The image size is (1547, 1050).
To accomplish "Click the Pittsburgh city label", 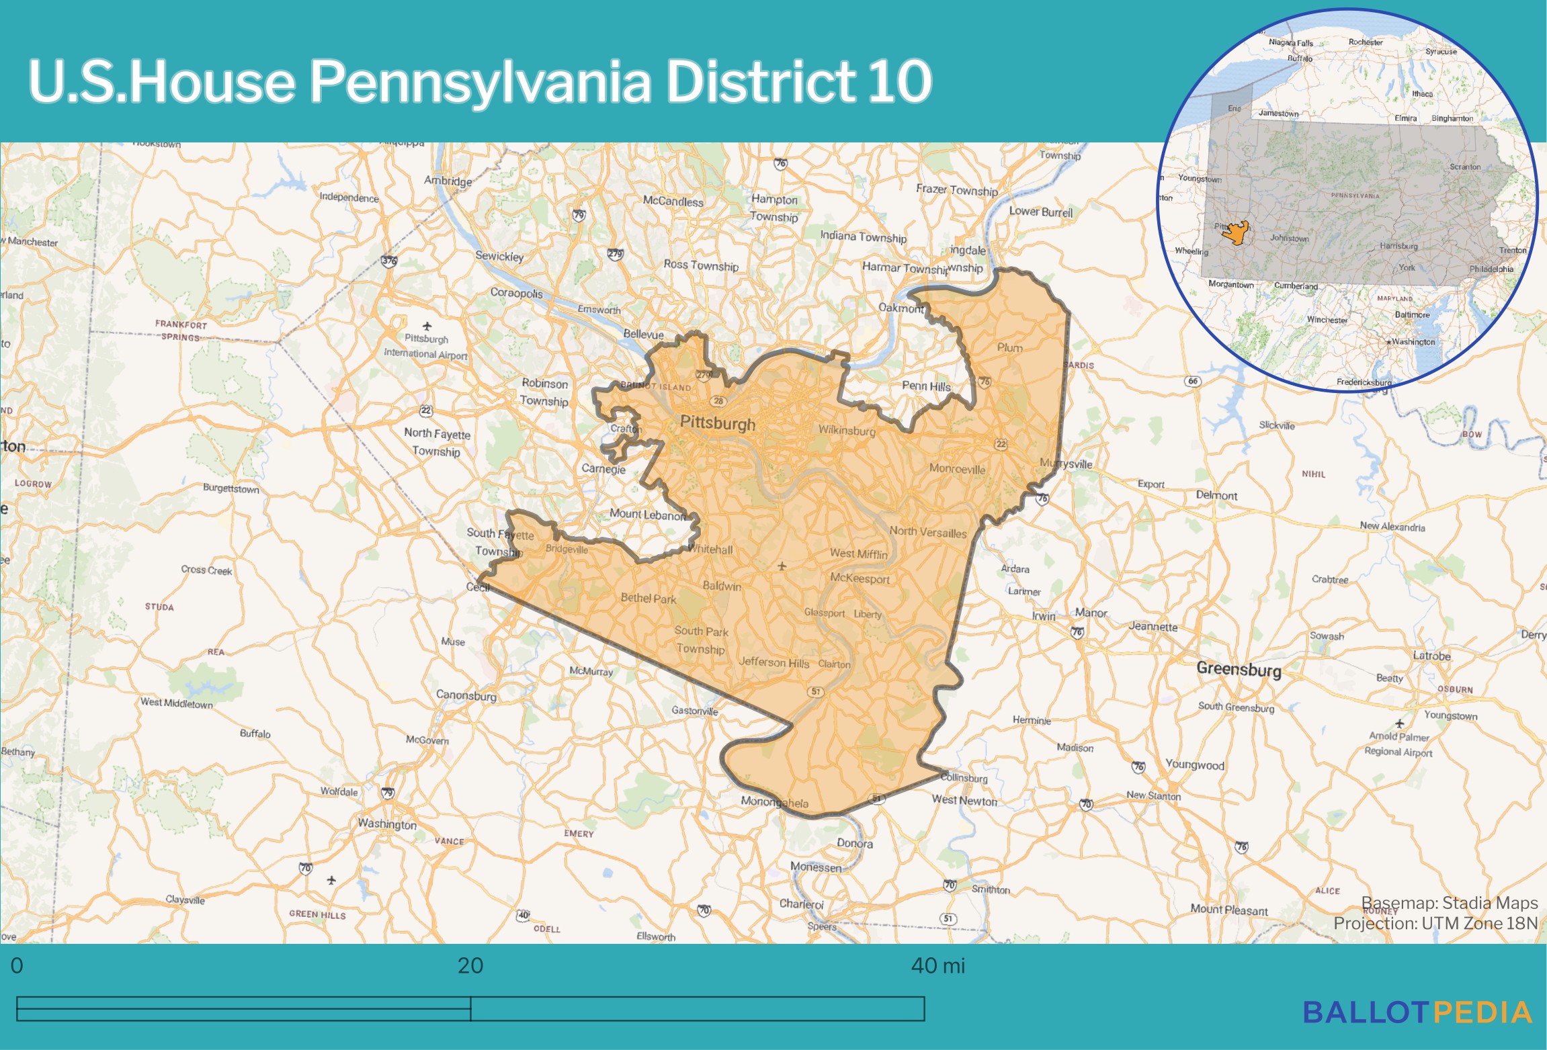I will click(717, 423).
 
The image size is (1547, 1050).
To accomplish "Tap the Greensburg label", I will click(1239, 669).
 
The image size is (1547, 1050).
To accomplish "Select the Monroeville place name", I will click(957, 469).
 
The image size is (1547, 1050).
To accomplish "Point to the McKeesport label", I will click(860, 578).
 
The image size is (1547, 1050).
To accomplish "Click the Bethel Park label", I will click(648, 598).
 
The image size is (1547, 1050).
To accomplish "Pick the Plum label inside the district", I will click(1009, 347).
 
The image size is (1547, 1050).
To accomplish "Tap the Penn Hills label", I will click(926, 386).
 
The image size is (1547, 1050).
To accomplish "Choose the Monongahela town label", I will click(774, 802).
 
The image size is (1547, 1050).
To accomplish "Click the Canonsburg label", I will click(466, 695).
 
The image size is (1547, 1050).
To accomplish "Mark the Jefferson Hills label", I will click(773, 662).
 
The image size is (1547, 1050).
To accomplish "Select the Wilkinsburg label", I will click(847, 431).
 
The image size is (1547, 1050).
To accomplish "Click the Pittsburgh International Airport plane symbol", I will click(427, 326).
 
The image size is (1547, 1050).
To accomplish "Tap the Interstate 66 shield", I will click(1192, 381).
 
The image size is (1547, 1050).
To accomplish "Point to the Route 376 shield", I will click(388, 261).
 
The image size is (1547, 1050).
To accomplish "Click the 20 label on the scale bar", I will click(470, 966).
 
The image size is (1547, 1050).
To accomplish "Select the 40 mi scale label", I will click(937, 966).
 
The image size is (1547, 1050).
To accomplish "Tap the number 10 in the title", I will click(899, 82).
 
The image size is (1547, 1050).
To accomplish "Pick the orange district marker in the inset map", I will click(1235, 233).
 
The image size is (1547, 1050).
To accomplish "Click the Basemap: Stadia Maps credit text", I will click(1449, 903).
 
